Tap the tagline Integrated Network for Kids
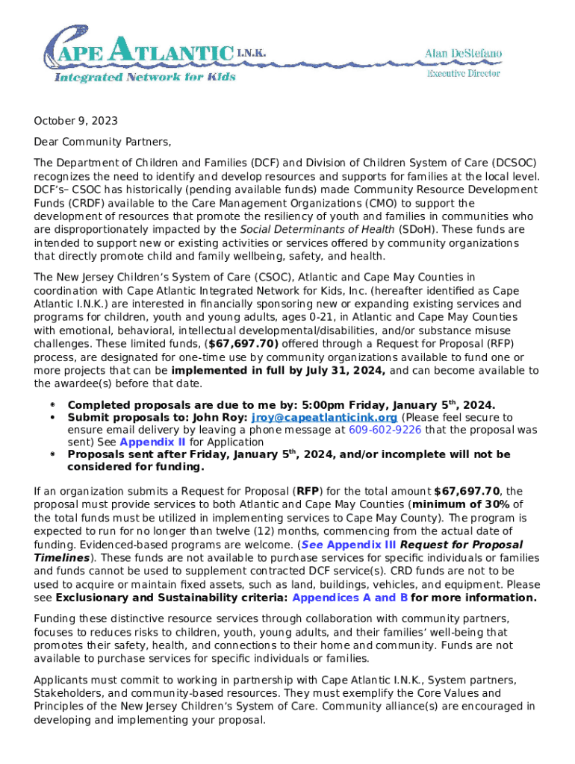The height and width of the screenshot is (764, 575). pyautogui.click(x=145, y=77)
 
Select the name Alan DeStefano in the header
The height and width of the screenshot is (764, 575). pyautogui.click(x=463, y=54)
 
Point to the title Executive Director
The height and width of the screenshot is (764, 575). pyautogui.click(x=463, y=73)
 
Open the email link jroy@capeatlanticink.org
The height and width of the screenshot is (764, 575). pyautogui.click(x=324, y=418)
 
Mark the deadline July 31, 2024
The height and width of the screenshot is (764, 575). pyautogui.click(x=349, y=371)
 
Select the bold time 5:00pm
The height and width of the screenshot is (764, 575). pyautogui.click(x=279, y=405)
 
